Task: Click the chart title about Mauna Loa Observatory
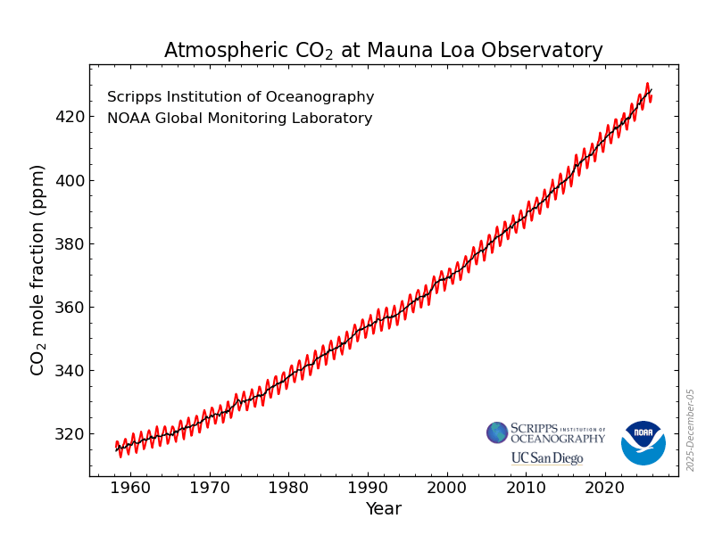(x=383, y=51)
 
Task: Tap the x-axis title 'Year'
(x=383, y=509)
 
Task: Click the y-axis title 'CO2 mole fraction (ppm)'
(x=37, y=269)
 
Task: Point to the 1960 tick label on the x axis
(x=131, y=488)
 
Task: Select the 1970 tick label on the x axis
(x=211, y=488)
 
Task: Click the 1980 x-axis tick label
(x=289, y=488)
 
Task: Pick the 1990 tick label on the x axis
(x=369, y=488)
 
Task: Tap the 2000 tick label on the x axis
(x=447, y=488)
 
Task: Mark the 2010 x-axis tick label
(x=527, y=488)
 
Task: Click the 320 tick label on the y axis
(x=70, y=434)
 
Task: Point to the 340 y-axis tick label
(x=70, y=371)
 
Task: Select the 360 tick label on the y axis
(x=70, y=308)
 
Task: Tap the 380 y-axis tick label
(x=70, y=244)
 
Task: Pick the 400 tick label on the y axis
(x=70, y=181)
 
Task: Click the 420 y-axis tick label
(x=70, y=117)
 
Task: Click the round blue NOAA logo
(x=643, y=443)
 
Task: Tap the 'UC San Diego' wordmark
(x=546, y=458)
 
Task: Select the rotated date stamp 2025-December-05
(x=690, y=430)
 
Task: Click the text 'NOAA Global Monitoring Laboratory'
(x=239, y=119)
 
